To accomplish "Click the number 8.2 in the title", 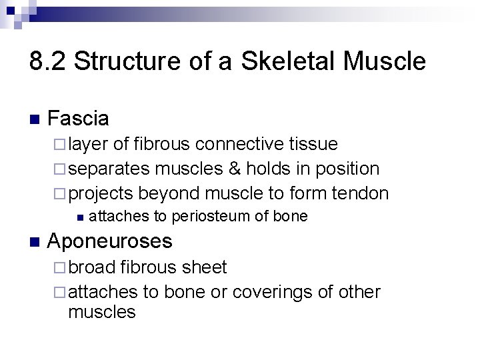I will click(x=47, y=62).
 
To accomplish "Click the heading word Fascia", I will click(x=78, y=119).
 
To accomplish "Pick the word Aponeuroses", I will click(x=110, y=241).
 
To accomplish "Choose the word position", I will click(x=346, y=169).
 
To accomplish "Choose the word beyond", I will click(x=170, y=193).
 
